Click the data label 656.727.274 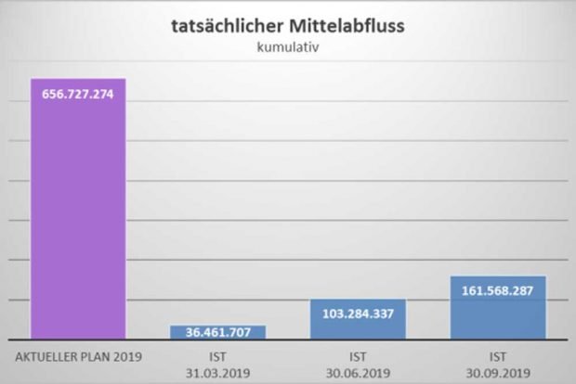[x=78, y=94]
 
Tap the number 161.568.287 [x=497, y=290]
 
